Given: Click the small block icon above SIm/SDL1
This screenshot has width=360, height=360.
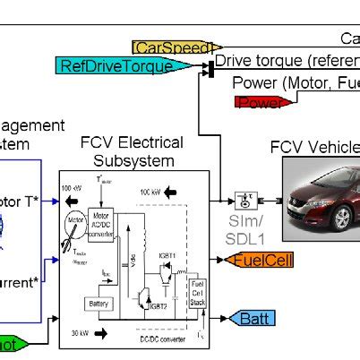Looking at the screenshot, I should [x=243, y=199].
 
